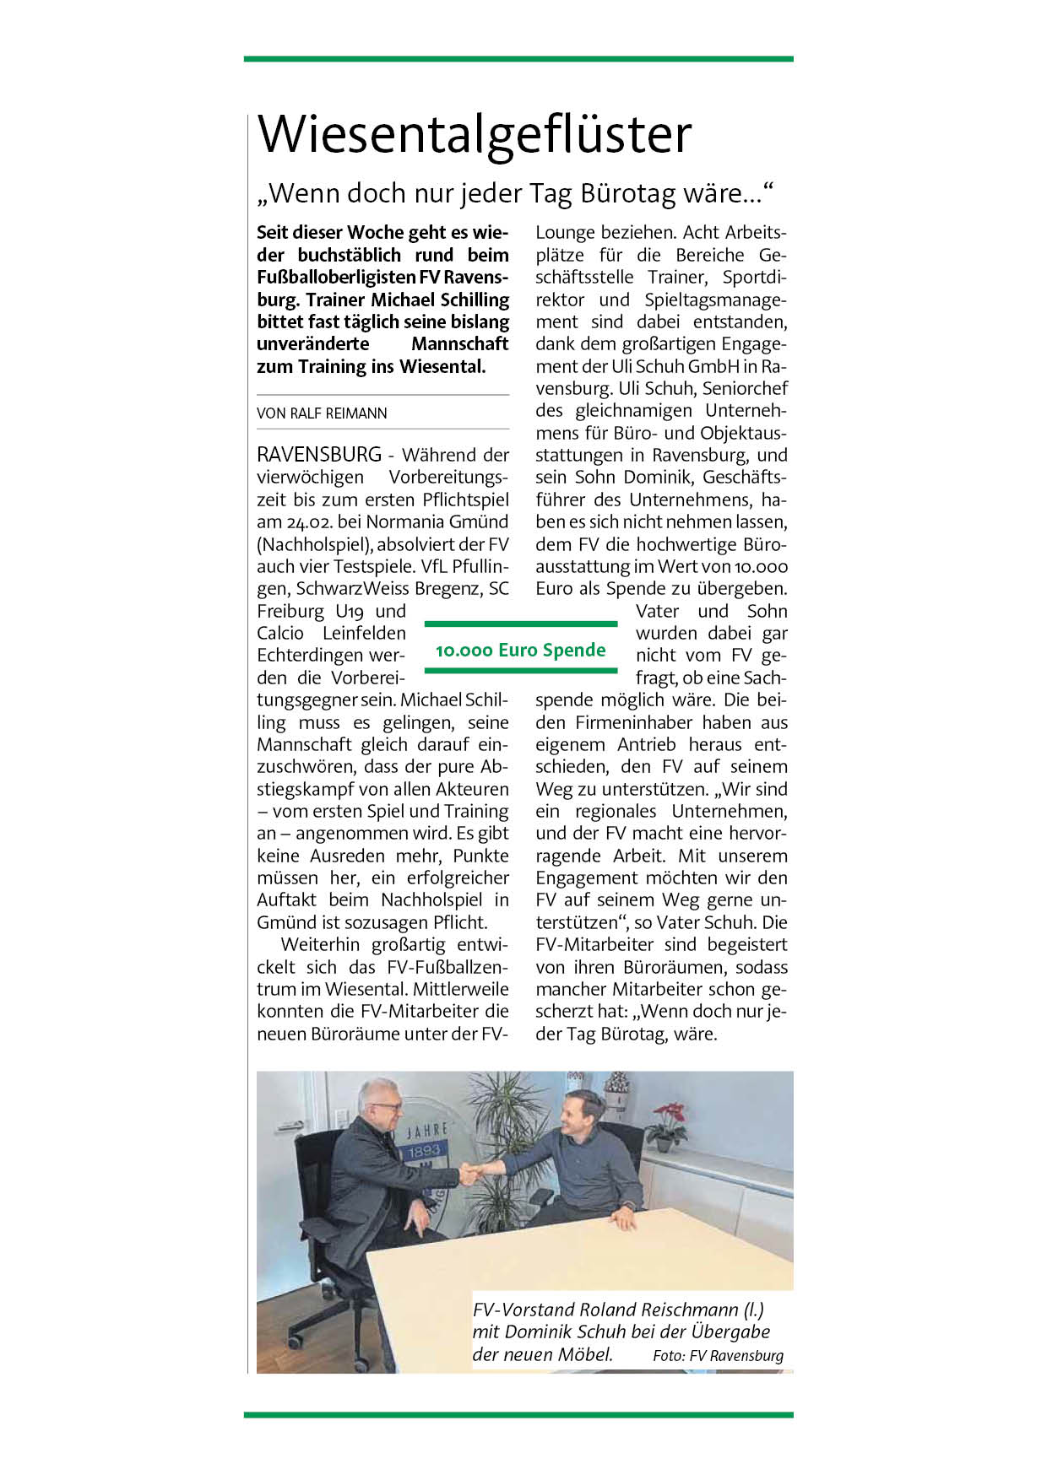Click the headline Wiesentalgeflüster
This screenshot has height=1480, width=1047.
475,134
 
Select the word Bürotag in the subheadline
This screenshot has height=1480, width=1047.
628,194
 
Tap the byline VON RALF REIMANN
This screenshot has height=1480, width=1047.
322,413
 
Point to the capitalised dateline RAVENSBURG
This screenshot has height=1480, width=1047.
319,455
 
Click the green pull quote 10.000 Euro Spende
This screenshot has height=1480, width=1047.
521,650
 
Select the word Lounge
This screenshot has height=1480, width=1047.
565,233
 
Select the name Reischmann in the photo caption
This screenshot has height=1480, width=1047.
690,1310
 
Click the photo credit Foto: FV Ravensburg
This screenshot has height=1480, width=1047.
718,1356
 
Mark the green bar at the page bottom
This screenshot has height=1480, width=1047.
518,1414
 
